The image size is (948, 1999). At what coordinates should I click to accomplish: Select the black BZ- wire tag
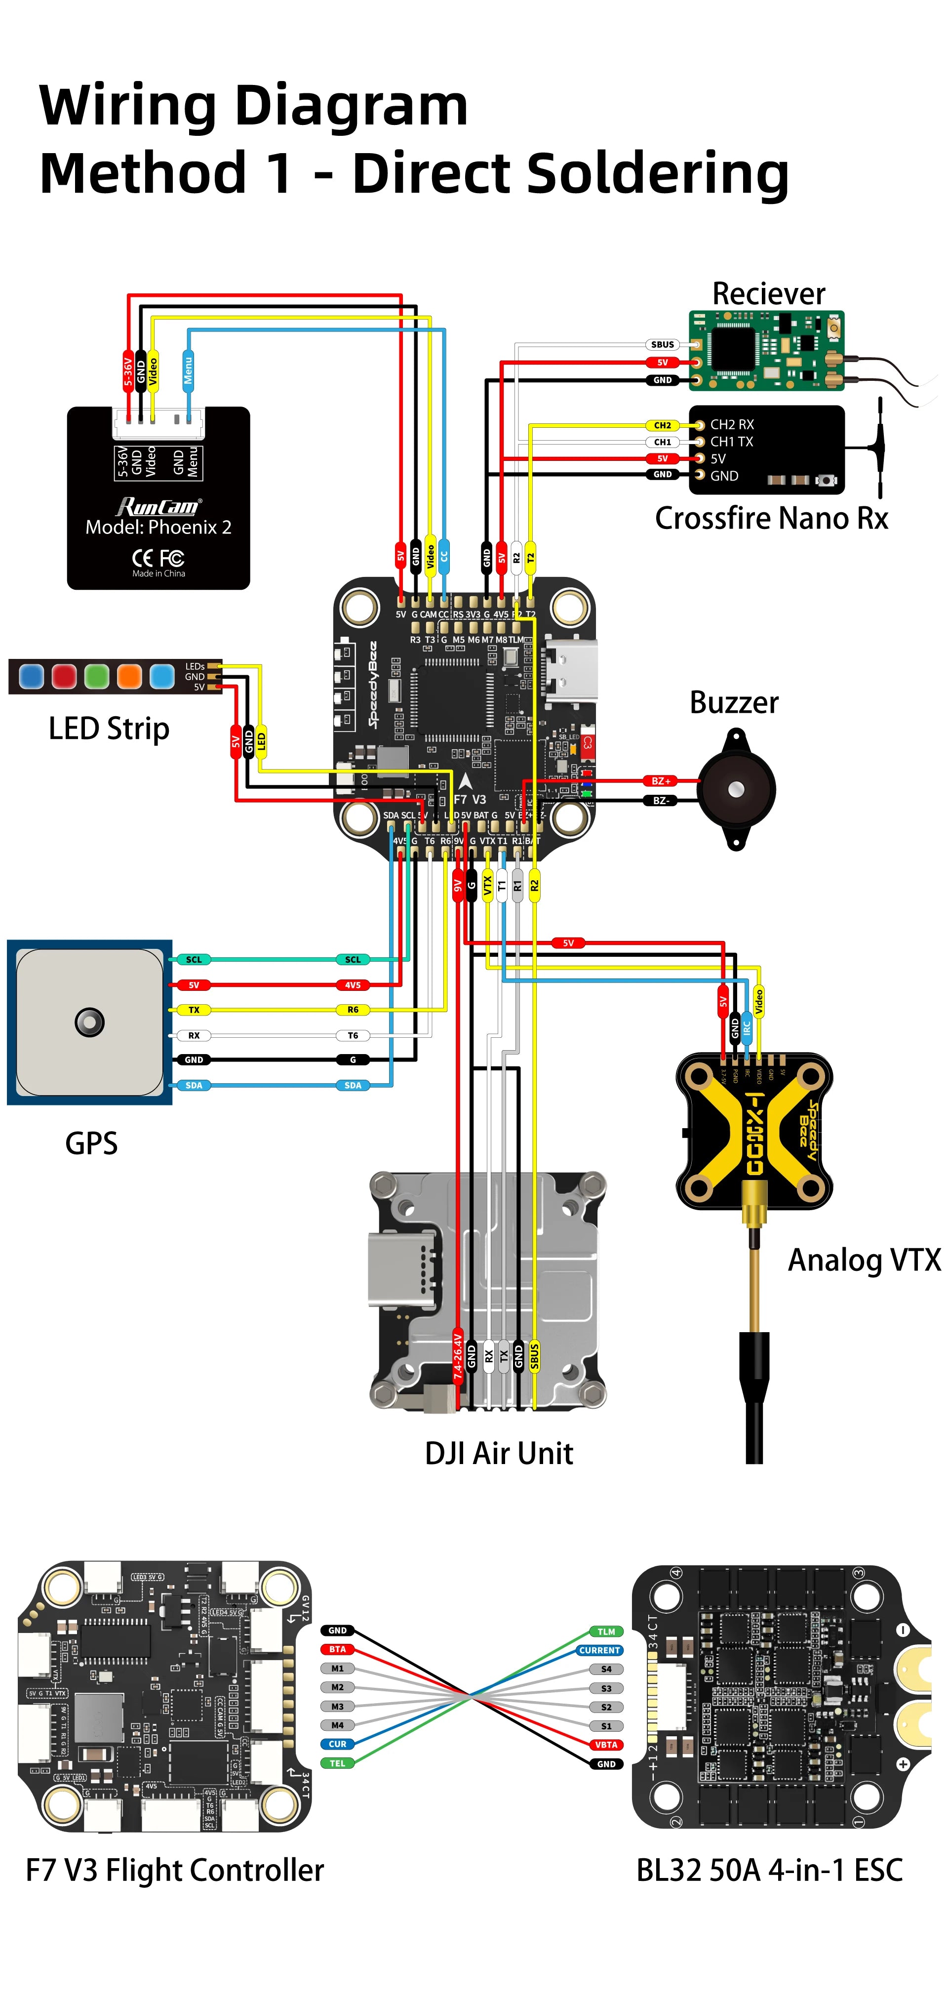tap(660, 800)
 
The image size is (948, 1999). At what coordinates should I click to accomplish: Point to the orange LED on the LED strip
tap(129, 676)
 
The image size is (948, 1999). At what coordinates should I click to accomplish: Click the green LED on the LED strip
tap(96, 676)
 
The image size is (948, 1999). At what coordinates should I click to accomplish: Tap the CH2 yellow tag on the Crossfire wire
tap(662, 425)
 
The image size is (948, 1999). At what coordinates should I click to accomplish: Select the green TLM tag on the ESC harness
tap(606, 1631)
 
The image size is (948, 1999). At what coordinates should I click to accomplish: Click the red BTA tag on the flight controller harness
tap(337, 1649)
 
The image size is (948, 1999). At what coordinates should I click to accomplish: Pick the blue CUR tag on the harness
tap(337, 1744)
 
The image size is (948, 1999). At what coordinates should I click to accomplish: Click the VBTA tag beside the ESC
tap(606, 1745)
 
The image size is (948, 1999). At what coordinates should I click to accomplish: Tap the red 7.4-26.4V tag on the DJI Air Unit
tap(458, 1354)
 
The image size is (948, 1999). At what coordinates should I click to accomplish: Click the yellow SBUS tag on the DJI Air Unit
tap(535, 1356)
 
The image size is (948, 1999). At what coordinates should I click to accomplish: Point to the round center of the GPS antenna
tap(89, 1022)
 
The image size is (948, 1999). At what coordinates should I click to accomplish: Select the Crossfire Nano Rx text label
tap(771, 518)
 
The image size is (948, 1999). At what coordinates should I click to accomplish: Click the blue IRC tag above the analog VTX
tap(746, 1026)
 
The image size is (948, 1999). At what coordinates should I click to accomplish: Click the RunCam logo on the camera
tap(158, 507)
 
